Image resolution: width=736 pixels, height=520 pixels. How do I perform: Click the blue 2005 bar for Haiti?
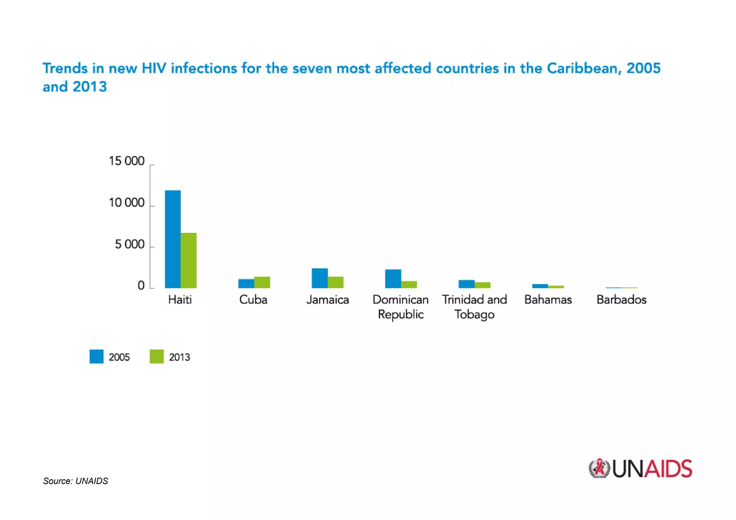[172, 239]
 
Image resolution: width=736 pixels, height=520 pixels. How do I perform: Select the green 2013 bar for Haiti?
[189, 261]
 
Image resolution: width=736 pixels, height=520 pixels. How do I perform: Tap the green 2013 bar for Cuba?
[262, 282]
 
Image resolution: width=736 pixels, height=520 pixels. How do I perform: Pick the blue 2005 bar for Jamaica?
[319, 278]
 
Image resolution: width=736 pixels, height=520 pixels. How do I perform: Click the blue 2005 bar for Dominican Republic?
[393, 279]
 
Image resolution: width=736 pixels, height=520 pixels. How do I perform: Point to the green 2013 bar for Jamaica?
[336, 282]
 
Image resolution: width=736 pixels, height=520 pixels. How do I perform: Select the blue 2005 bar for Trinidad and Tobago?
[466, 284]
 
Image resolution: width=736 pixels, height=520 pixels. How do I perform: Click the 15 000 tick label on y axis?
[126, 161]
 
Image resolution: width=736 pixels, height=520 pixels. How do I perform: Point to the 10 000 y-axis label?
[126, 203]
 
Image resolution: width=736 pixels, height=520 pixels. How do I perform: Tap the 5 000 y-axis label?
[129, 245]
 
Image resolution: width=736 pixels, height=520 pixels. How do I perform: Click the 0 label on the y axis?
[141, 286]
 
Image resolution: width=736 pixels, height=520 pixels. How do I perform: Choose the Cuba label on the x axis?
[253, 300]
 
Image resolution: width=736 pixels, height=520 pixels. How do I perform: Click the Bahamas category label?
[548, 300]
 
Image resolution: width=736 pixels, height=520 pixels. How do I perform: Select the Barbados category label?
[621, 300]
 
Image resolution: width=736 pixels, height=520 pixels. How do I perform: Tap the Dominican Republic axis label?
[401, 307]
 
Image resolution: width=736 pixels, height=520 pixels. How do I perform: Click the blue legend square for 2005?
[96, 356]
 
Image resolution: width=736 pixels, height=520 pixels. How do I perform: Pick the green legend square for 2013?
[157, 356]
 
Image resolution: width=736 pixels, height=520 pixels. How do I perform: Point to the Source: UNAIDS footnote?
[75, 481]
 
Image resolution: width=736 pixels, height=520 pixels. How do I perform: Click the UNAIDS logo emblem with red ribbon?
[599, 469]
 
